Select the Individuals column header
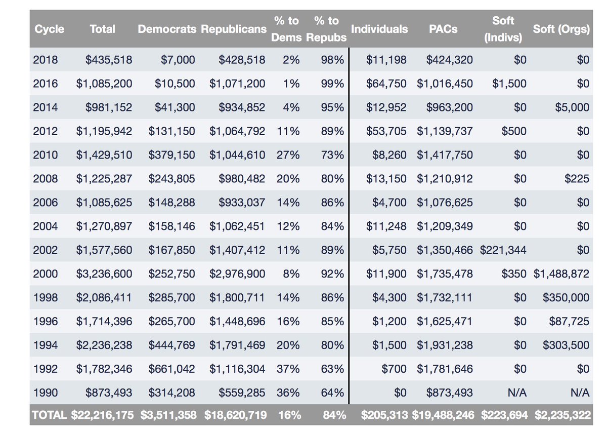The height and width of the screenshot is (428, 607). tap(379, 29)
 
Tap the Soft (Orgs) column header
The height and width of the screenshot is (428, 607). tap(561, 29)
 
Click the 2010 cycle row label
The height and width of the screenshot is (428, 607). tap(45, 154)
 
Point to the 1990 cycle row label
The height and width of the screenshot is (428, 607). tap(45, 393)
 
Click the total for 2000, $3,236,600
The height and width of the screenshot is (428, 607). tap(104, 274)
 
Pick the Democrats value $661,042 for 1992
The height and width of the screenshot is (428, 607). tap(171, 369)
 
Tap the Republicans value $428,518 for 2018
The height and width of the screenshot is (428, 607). tap(242, 59)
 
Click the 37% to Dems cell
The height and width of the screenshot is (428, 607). tap(288, 369)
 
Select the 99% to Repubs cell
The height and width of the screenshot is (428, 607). tap(332, 83)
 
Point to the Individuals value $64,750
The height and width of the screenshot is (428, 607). tap(386, 83)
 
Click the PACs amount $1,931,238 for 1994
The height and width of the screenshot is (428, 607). tap(445, 345)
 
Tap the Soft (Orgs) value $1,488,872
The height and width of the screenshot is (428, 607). tap(561, 274)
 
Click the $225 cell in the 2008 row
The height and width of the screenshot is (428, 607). tap(578, 178)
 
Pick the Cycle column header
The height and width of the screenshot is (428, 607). tap(49, 29)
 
